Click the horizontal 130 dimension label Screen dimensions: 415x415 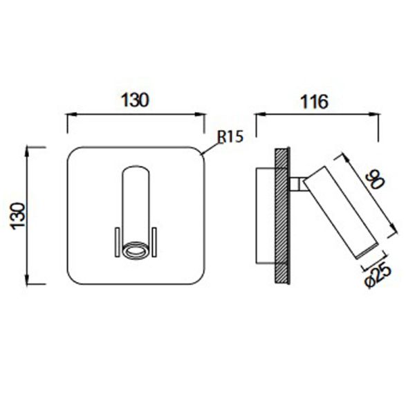click(x=136, y=100)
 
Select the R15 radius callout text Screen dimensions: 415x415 click(x=230, y=137)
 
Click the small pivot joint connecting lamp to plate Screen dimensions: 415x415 click(x=297, y=183)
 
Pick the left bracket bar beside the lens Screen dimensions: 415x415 click(x=117, y=243)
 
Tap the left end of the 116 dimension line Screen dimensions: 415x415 click(x=257, y=115)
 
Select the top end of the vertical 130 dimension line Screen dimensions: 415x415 click(x=28, y=147)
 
